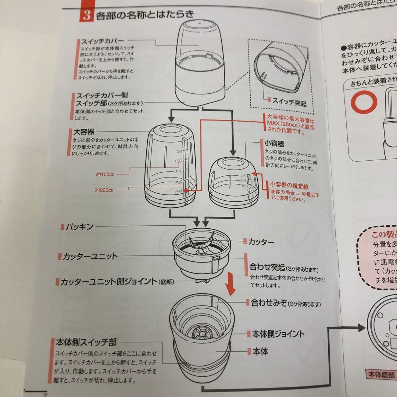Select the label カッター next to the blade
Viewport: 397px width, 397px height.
[x=261, y=242]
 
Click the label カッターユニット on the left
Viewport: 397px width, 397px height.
[x=90, y=256]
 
